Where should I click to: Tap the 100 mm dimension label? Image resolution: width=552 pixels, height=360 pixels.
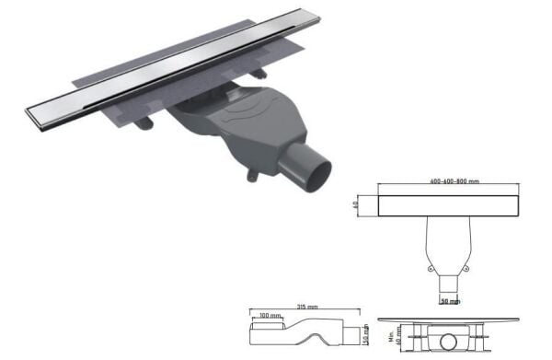click(269, 317)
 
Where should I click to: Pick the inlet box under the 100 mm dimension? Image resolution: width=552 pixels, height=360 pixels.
click(268, 328)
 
